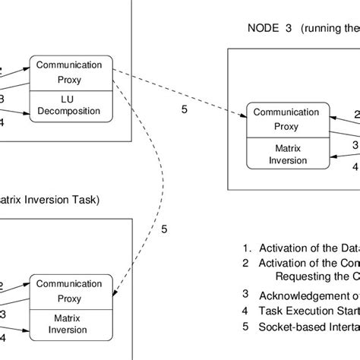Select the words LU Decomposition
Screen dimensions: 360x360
coord(71,106)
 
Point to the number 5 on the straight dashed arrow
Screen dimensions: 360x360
coord(184,109)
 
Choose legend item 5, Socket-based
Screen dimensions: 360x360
coord(301,327)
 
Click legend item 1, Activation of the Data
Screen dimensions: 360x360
coord(301,247)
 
